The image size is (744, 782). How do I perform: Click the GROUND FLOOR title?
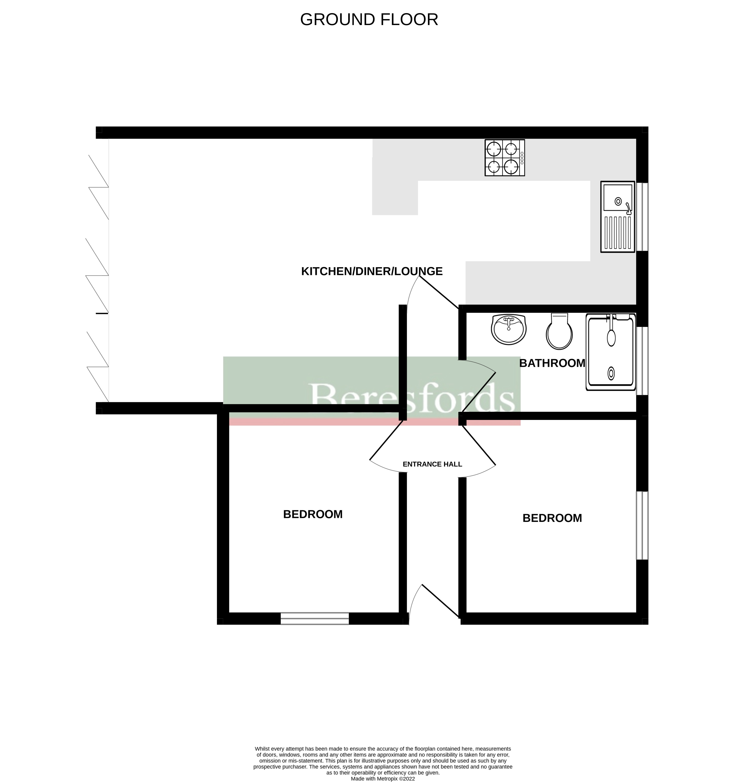coord(369,20)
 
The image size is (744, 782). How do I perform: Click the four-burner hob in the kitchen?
coord(505,158)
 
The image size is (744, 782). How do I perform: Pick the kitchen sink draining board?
coord(618,233)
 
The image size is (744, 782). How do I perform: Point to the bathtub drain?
coord(611,373)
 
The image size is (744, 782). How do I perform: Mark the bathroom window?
coord(642,361)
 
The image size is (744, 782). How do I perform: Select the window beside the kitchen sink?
coord(642,217)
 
